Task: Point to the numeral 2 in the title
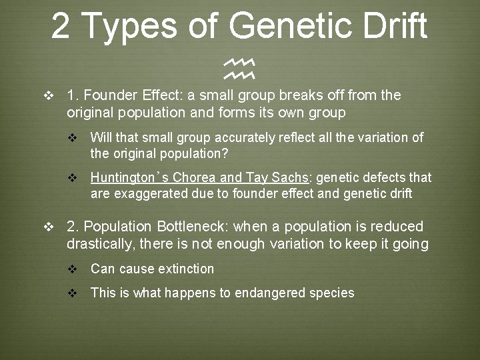[61, 26]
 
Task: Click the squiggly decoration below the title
[240, 66]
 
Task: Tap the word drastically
[101, 244]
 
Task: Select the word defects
[387, 177]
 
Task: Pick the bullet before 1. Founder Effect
[47, 95]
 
